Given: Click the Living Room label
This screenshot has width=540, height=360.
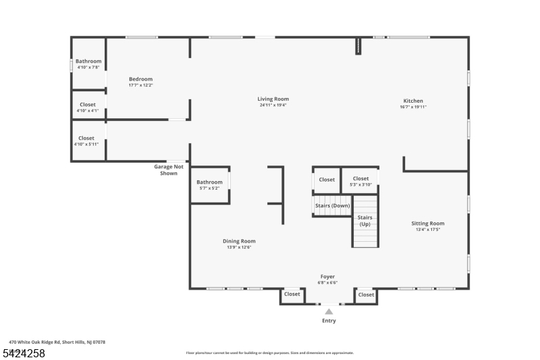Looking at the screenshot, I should point(273,99).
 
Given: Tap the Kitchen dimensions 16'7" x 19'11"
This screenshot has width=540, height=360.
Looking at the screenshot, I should point(413,107).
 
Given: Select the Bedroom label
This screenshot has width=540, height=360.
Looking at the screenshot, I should point(140,79).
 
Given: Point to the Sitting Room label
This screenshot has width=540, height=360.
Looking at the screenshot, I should point(428,224).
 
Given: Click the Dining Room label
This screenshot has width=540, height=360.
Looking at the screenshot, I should point(239,241).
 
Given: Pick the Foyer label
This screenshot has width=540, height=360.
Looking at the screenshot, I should point(327,276).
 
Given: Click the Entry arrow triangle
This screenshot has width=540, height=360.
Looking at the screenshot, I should point(329,311).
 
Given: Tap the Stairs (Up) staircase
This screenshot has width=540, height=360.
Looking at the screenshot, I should point(364,221).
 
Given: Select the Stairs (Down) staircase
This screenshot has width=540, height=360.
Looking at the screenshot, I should point(332,206).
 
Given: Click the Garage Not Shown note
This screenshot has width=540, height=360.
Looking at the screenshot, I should point(169,170).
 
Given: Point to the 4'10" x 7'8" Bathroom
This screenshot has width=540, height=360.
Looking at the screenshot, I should point(88,64).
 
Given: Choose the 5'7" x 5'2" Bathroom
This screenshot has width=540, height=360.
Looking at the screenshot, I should point(209,184).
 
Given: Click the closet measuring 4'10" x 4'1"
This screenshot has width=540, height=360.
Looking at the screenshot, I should point(88,107).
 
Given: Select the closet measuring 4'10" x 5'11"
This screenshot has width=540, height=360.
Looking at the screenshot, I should point(86,140).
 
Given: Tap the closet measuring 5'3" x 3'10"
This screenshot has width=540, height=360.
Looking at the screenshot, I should point(360,181).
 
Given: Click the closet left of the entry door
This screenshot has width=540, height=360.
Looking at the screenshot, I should point(292,294).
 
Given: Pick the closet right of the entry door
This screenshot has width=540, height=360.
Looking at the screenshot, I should point(366,294).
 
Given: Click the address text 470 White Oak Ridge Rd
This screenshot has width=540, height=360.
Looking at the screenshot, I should point(57,342).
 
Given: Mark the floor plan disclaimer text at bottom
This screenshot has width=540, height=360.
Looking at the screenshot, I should point(269,353).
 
